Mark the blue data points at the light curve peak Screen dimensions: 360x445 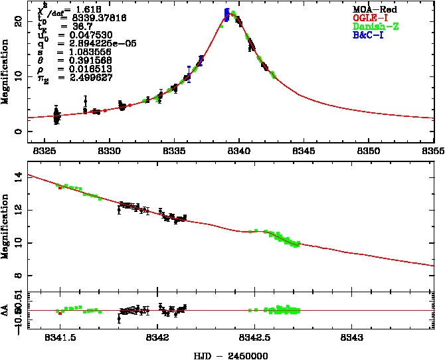[227, 15]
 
